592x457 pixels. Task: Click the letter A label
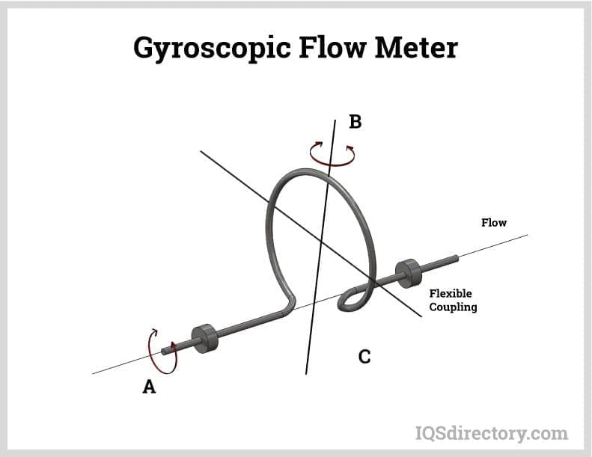click(149, 387)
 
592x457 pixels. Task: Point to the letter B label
click(355, 122)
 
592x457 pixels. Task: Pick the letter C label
click(364, 357)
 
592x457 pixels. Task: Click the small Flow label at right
click(493, 223)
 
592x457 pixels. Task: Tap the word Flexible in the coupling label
click(450, 294)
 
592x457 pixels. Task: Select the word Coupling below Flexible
click(452, 307)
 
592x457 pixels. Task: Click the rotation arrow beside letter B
click(332, 153)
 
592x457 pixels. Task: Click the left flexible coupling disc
click(204, 337)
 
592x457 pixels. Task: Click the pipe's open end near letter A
click(165, 352)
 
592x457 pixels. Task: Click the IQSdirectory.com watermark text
click(491, 433)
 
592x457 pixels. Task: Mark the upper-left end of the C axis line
click(201, 151)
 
